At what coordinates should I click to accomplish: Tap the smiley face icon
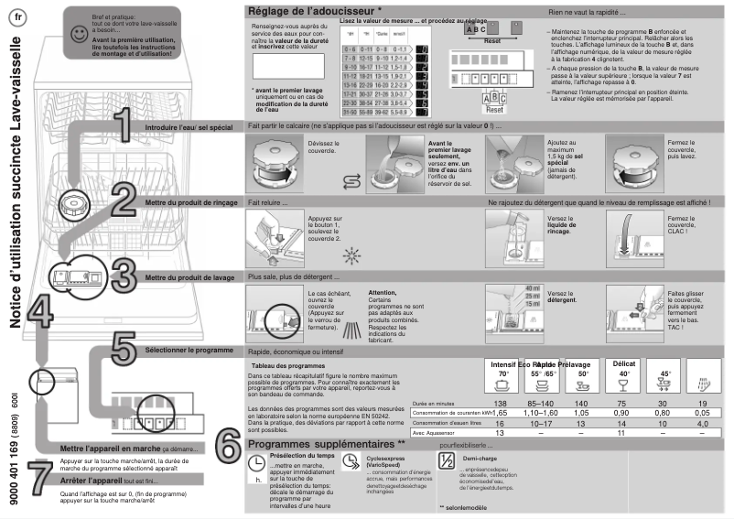point(80,34)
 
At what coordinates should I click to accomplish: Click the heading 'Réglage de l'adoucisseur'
point(303,10)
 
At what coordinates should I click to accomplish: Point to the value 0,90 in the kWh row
point(623,414)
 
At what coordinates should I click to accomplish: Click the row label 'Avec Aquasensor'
point(436,434)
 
